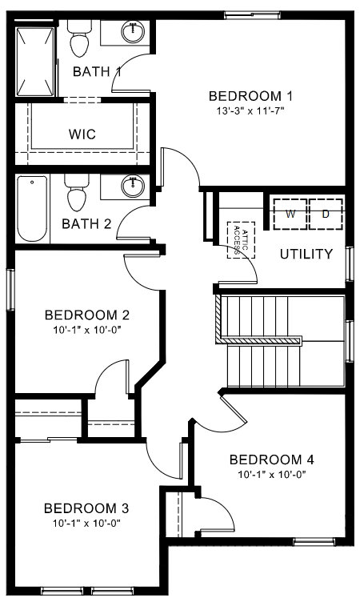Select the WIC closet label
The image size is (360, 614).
(x=82, y=134)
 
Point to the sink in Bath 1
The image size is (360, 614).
(x=133, y=33)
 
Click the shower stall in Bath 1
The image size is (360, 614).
(x=37, y=60)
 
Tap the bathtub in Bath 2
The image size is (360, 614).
(x=33, y=208)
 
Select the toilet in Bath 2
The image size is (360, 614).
(x=78, y=195)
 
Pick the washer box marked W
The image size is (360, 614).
(x=290, y=214)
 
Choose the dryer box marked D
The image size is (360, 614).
(x=325, y=214)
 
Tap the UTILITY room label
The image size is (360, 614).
(x=306, y=255)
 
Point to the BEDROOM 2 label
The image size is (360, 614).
(x=87, y=315)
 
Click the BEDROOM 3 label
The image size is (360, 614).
(x=86, y=508)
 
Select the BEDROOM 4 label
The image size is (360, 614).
(x=271, y=459)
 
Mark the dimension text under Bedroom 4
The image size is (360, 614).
(x=271, y=475)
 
